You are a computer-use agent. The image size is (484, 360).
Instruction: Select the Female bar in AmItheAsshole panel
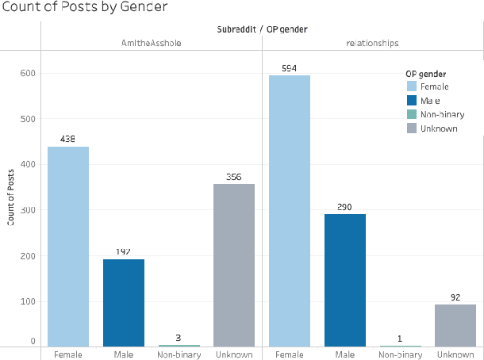(x=68, y=247)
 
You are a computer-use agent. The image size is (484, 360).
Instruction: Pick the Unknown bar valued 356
(x=233, y=265)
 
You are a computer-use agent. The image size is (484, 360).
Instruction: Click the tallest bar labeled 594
(x=290, y=211)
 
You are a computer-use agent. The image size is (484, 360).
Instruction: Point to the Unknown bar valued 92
(x=455, y=325)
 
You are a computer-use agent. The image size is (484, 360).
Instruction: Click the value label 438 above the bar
(x=68, y=139)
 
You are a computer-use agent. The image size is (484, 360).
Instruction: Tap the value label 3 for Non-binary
(x=178, y=337)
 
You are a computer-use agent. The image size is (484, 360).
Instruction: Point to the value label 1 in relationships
(x=399, y=338)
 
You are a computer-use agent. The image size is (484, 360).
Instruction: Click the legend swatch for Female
(x=412, y=86)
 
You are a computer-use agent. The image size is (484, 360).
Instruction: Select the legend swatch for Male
(x=412, y=100)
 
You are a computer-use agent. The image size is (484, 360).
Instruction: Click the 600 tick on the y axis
(x=28, y=73)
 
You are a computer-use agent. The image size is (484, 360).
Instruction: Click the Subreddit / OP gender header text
(x=262, y=29)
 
